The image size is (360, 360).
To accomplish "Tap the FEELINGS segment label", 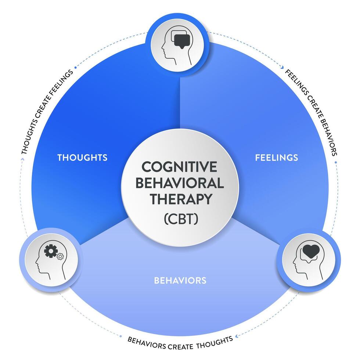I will click(x=282, y=158).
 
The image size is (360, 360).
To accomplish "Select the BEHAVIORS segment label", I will click(x=180, y=281).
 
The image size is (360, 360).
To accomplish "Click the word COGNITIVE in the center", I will click(x=180, y=167).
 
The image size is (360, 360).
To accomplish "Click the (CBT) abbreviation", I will click(x=180, y=219).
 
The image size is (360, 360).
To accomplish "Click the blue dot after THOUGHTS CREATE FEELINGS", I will click(x=76, y=67).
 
